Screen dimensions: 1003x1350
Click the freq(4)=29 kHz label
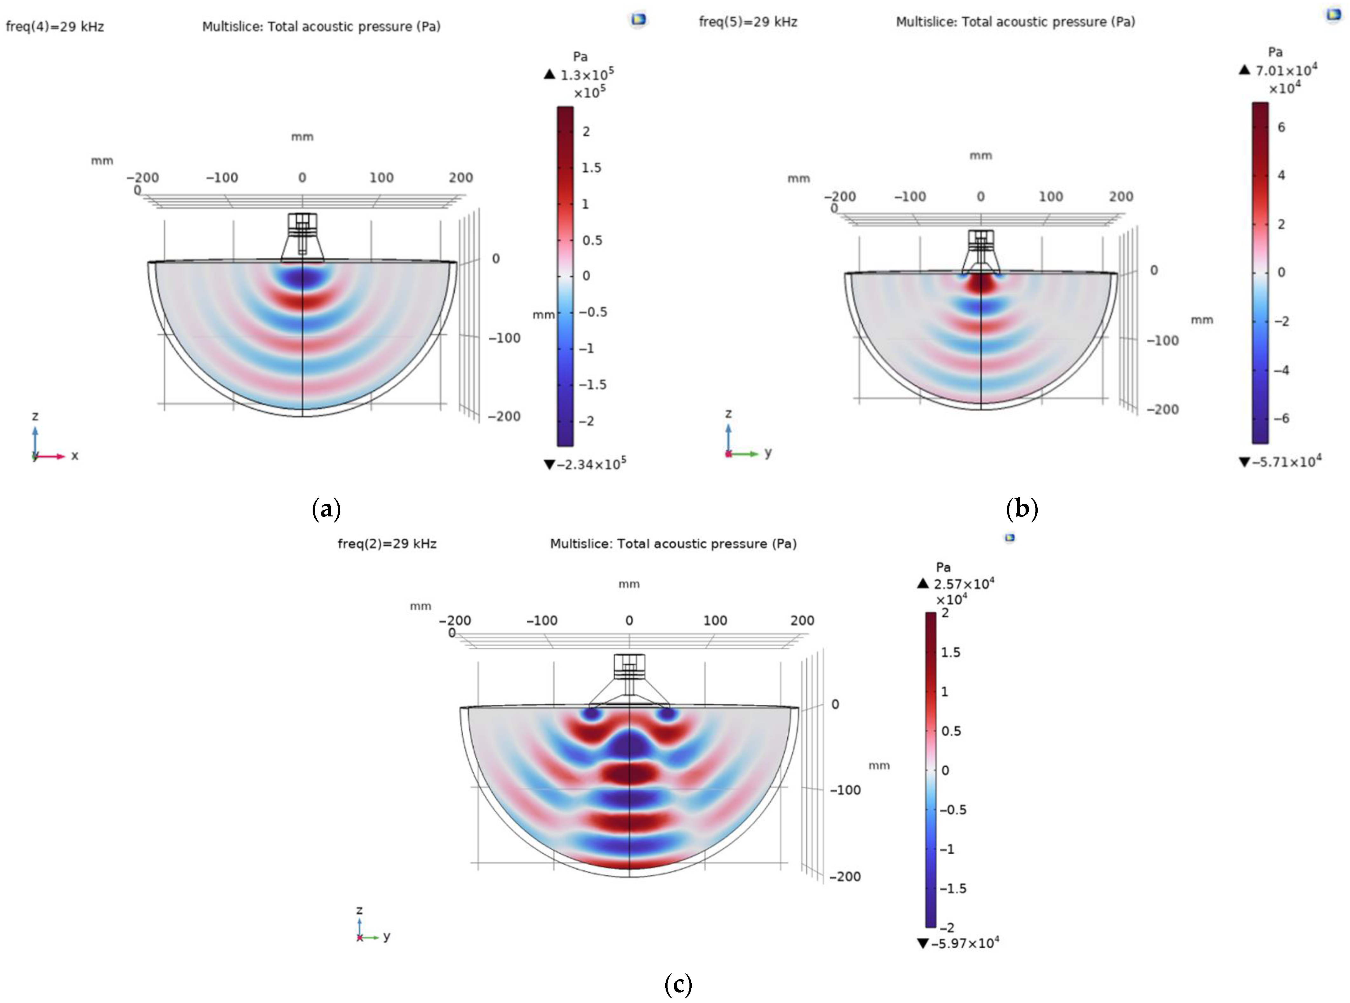(x=55, y=27)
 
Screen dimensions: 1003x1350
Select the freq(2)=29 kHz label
(x=387, y=543)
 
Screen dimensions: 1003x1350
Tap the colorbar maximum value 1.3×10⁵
(x=586, y=75)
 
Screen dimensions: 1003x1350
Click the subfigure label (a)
(x=326, y=508)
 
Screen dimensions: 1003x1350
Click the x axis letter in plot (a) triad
(x=75, y=455)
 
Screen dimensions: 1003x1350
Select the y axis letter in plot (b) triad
(x=768, y=452)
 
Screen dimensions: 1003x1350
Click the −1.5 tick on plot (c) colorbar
(x=953, y=888)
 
